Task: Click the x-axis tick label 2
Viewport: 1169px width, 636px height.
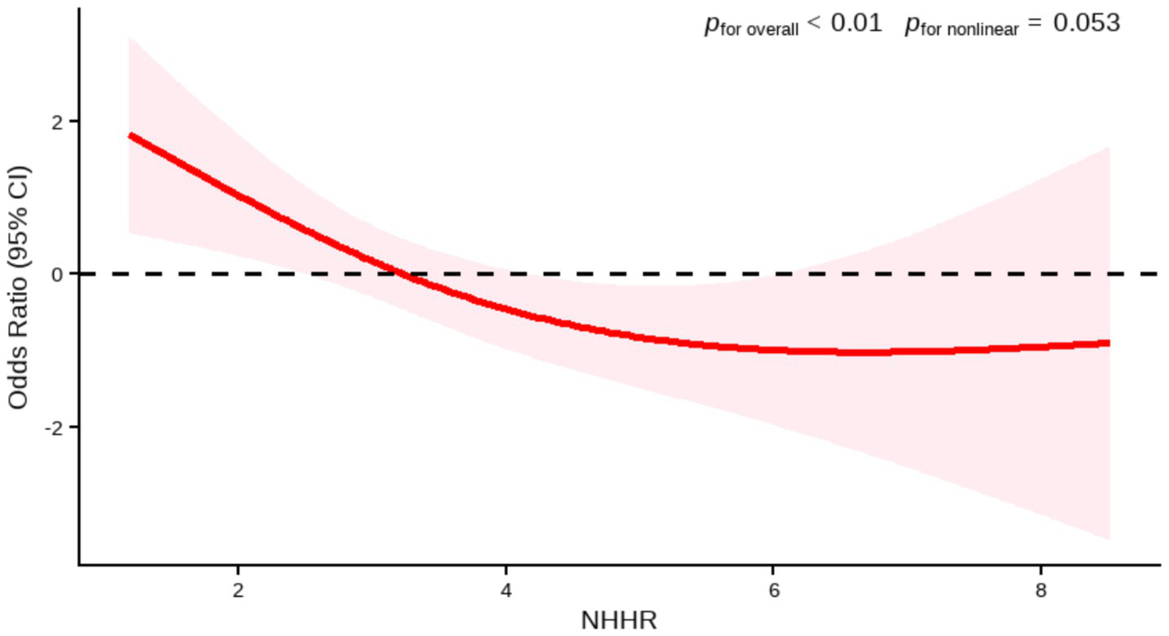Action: click(238, 590)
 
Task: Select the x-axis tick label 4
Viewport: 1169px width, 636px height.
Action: click(506, 590)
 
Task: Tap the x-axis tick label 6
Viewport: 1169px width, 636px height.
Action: click(773, 590)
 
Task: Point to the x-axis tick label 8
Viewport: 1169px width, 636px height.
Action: click(1041, 590)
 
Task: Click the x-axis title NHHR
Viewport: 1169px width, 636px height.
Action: click(618, 620)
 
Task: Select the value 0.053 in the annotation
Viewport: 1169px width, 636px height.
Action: click(1086, 23)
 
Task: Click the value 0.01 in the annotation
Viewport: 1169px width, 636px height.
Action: click(857, 23)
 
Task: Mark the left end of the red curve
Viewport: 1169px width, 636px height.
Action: click(130, 135)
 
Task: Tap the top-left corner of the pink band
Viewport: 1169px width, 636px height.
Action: click(129, 37)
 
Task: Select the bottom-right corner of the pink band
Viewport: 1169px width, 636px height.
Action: click(1109, 540)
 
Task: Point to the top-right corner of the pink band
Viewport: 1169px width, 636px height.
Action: click(1109, 146)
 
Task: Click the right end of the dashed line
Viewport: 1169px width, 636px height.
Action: click(1157, 274)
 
